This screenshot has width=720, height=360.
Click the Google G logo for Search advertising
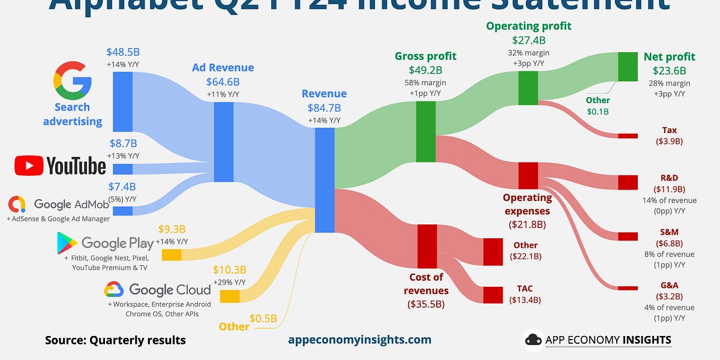(72, 80)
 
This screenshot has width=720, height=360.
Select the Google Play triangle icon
(67, 242)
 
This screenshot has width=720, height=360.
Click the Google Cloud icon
(114, 290)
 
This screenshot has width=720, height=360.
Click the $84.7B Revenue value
(324, 108)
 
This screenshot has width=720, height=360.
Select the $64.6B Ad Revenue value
(223, 82)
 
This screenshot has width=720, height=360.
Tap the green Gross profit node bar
(425, 131)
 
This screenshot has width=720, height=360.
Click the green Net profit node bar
(628, 67)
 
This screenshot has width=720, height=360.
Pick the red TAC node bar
(493, 295)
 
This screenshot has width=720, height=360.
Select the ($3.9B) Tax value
(669, 142)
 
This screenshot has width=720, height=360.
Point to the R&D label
(669, 178)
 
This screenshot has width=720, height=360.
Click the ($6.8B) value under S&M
(669, 243)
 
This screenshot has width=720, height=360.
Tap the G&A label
(669, 285)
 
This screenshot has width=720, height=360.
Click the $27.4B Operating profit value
(529, 40)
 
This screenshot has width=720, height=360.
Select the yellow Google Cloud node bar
(229, 296)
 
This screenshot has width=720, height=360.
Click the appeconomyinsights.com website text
(359, 340)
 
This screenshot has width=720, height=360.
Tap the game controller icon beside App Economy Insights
(533, 340)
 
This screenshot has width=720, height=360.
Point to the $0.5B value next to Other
(264, 319)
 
